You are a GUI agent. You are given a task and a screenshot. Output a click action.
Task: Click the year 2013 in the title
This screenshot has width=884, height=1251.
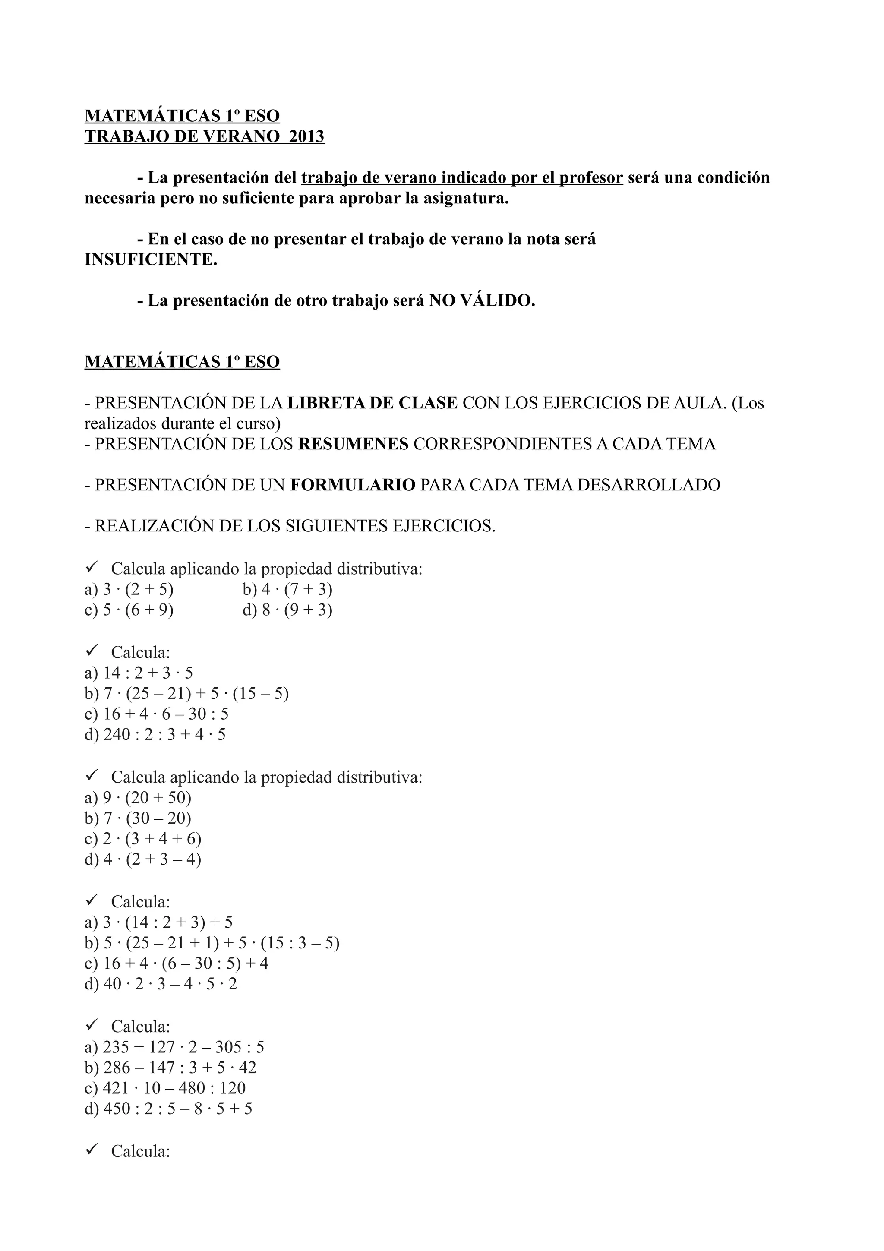[x=306, y=136]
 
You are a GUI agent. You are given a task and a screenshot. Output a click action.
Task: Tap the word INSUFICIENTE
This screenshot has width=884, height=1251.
[x=151, y=259]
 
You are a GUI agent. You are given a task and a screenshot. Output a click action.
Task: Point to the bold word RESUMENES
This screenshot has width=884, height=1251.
[x=354, y=444]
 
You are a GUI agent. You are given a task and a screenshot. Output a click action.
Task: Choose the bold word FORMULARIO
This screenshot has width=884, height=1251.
[x=353, y=485]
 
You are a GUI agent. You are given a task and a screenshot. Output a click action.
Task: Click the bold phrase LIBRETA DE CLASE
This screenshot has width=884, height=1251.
[x=373, y=403]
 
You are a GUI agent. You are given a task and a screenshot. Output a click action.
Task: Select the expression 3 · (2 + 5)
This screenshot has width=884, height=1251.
[x=139, y=590]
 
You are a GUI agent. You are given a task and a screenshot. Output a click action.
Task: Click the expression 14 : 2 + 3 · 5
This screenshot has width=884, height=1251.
[x=148, y=673]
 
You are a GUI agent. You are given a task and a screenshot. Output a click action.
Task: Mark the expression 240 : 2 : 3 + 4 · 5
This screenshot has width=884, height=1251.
[x=164, y=734]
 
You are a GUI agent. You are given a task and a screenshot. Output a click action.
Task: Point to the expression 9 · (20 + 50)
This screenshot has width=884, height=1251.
[x=147, y=798]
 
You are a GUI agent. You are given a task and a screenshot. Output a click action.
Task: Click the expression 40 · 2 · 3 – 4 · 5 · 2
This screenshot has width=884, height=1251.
[x=170, y=984]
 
